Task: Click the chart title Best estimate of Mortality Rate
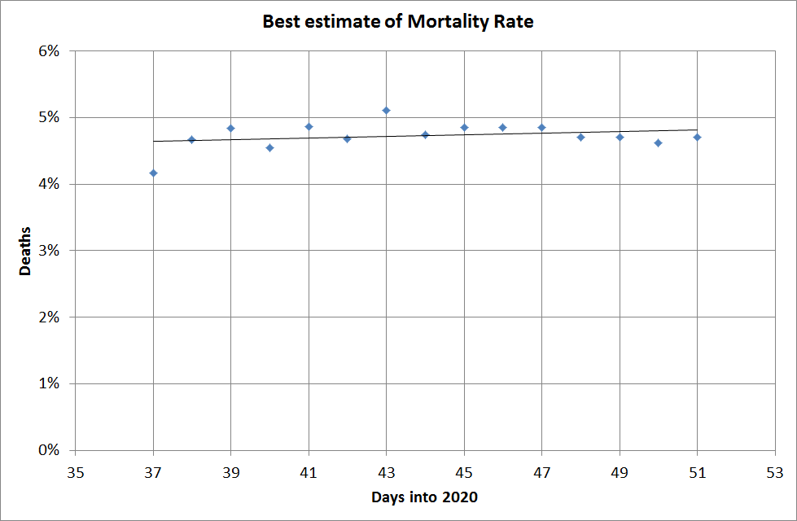click(398, 22)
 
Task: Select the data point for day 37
click(153, 173)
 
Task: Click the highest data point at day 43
click(387, 110)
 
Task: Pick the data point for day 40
click(269, 147)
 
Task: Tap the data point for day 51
click(697, 137)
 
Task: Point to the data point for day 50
click(658, 142)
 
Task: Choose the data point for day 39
click(230, 128)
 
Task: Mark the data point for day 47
click(541, 127)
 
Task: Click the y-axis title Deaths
click(26, 251)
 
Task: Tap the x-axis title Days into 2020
click(423, 497)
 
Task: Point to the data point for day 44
click(425, 134)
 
